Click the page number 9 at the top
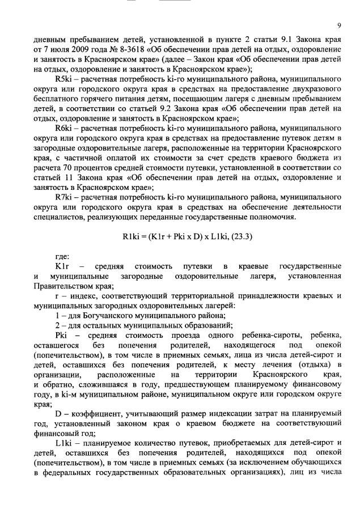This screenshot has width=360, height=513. (x=338, y=26)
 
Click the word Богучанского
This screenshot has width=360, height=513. (x=103, y=316)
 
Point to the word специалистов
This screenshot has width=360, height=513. (x=60, y=218)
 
